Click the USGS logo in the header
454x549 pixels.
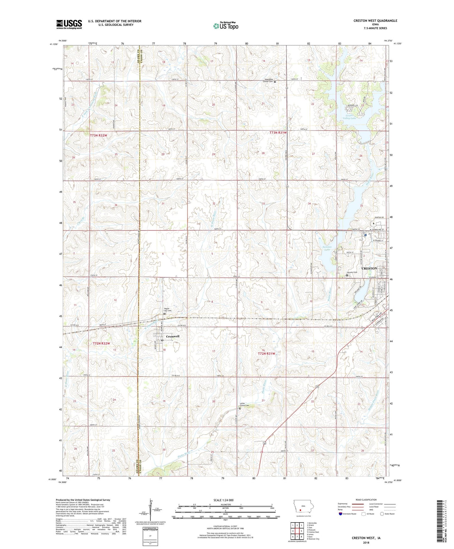click(69, 24)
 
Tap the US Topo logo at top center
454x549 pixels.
click(226, 26)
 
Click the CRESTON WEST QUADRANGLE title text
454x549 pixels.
click(375, 21)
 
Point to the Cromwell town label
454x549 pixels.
click(172, 336)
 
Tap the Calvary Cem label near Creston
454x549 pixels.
click(352, 272)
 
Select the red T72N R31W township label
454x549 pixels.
click(266, 353)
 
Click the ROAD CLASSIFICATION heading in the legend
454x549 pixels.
click(366, 500)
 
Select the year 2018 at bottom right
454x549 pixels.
click(366, 542)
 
